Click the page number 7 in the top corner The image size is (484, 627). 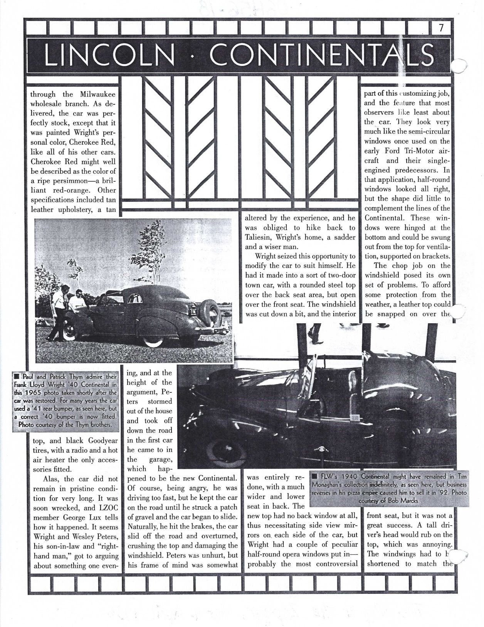click(x=441, y=27)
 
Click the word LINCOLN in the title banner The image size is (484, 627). click(x=109, y=55)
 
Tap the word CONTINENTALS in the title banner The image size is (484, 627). click(x=321, y=55)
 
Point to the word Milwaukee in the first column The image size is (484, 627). click(x=98, y=95)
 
